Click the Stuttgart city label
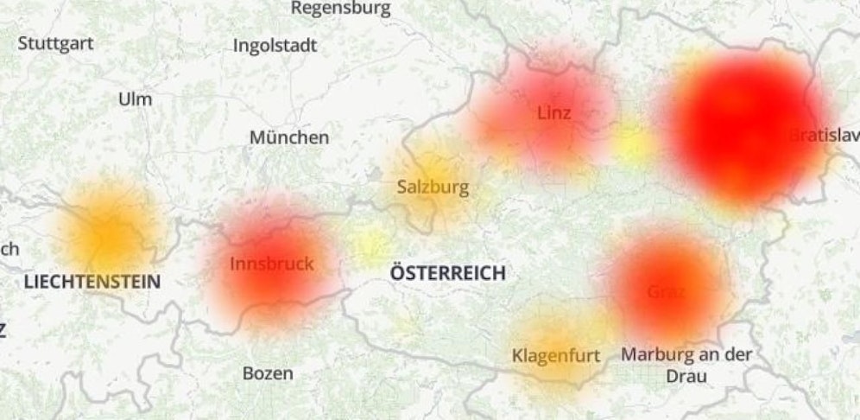[55, 43]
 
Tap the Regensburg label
[340, 9]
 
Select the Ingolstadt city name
[275, 46]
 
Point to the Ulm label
[135, 99]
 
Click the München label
[289, 137]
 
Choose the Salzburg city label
[433, 187]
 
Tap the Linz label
[553, 113]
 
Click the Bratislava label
[824, 135]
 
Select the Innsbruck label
[272, 264]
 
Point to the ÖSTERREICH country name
[447, 274]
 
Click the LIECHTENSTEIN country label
[92, 282]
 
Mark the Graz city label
[666, 292]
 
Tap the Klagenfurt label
[555, 355]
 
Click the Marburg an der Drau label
[686, 365]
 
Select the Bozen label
[267, 374]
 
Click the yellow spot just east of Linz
[635, 145]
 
